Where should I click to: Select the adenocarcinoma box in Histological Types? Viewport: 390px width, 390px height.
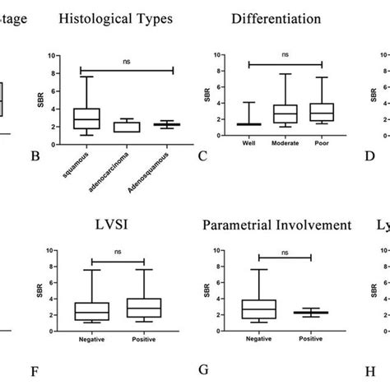pos(128,127)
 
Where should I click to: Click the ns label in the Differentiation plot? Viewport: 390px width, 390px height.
pos(285,55)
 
